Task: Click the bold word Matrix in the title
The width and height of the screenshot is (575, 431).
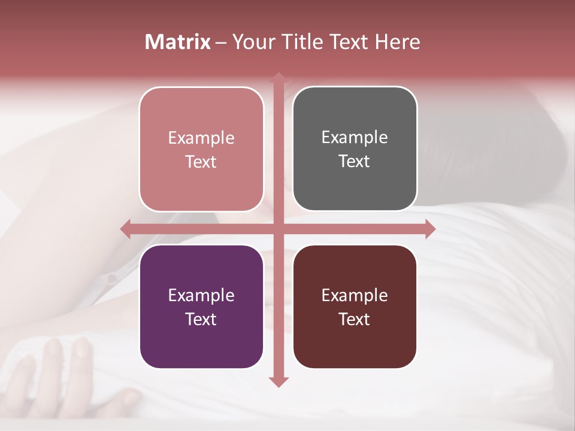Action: click(178, 42)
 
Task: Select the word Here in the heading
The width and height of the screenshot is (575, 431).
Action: click(398, 42)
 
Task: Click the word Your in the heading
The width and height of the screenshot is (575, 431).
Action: click(253, 42)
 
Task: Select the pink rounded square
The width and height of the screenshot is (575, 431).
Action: click(201, 149)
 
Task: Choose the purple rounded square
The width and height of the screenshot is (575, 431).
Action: click(201, 306)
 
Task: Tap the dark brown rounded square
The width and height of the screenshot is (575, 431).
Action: click(355, 306)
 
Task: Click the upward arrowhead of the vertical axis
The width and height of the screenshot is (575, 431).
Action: click(278, 78)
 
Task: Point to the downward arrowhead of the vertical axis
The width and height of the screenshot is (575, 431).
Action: click(278, 381)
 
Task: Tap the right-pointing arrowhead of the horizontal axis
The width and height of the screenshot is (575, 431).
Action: click(430, 229)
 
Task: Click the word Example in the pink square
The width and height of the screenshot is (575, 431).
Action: click(201, 138)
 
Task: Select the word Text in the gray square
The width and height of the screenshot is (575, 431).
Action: click(355, 161)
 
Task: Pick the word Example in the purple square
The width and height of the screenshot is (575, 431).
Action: click(201, 295)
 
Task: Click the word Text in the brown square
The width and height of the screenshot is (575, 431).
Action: click(355, 319)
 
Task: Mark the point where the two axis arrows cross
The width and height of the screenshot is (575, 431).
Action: click(278, 229)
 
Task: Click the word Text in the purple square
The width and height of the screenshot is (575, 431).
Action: click(201, 319)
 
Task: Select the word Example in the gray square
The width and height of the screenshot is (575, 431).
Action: click(355, 137)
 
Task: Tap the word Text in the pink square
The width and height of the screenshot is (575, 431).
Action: click(201, 162)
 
